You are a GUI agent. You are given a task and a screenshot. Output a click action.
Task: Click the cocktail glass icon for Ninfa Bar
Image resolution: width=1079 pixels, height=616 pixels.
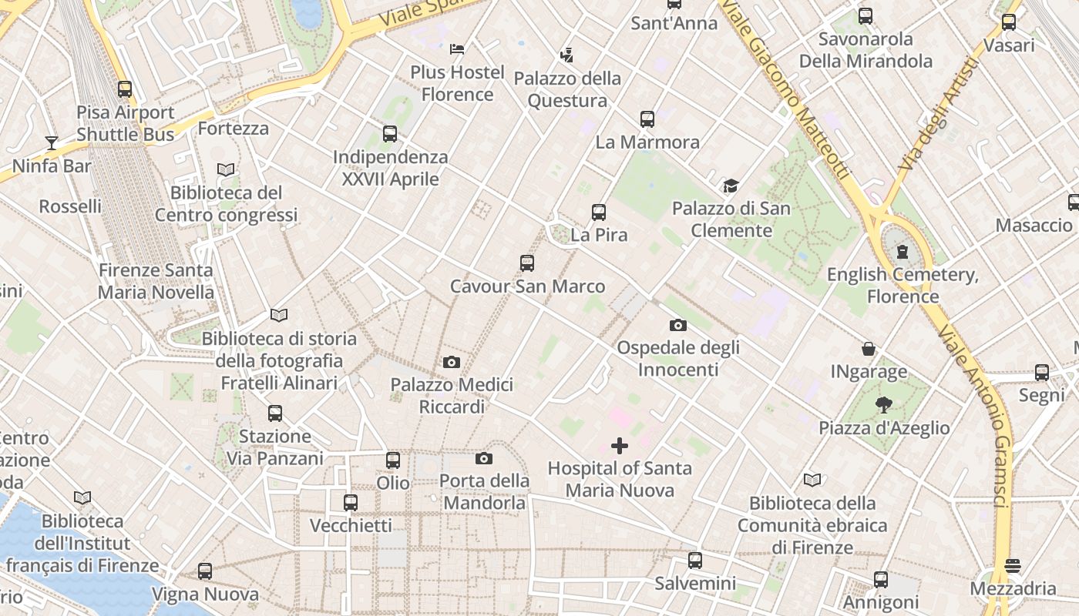coord(52,142)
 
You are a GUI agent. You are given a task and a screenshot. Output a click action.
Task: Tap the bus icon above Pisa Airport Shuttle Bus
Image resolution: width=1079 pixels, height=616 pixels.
coord(125,89)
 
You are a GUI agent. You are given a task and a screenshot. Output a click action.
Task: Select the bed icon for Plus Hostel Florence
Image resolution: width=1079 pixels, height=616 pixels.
coord(457,49)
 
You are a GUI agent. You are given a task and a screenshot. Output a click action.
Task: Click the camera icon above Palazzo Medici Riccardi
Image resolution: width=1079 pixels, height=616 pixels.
coord(452,362)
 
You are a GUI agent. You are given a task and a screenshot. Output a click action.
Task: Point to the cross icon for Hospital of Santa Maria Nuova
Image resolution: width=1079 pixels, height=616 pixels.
coord(620,446)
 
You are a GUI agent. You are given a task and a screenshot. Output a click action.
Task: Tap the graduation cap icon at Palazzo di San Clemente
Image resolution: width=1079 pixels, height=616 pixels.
coord(731,186)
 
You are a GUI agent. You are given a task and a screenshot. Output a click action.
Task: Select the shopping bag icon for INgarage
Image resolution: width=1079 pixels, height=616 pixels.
coord(869,349)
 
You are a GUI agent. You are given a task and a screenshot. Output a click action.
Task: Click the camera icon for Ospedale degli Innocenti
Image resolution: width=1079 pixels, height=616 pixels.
coord(678,325)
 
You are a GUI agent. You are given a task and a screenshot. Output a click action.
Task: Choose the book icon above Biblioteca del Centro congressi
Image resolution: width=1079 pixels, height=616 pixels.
coord(226,169)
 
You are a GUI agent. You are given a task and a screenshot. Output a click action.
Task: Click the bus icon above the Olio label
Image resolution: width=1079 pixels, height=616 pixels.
coord(393,460)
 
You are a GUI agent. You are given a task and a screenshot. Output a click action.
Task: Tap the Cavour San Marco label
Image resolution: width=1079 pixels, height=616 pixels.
coord(527,286)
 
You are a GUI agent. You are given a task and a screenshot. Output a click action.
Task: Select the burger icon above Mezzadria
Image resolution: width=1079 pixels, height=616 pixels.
coord(1013,566)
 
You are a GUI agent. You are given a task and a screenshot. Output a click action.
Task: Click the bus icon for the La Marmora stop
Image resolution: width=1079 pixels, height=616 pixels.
coord(647,119)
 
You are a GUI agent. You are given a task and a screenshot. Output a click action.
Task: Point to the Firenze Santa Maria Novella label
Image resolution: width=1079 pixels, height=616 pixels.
coord(156,281)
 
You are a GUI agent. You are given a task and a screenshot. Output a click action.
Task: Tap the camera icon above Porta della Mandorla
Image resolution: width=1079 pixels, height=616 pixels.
coord(484,458)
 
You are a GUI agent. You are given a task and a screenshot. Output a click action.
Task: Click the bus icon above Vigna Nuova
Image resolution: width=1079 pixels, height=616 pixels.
coord(205,571)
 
